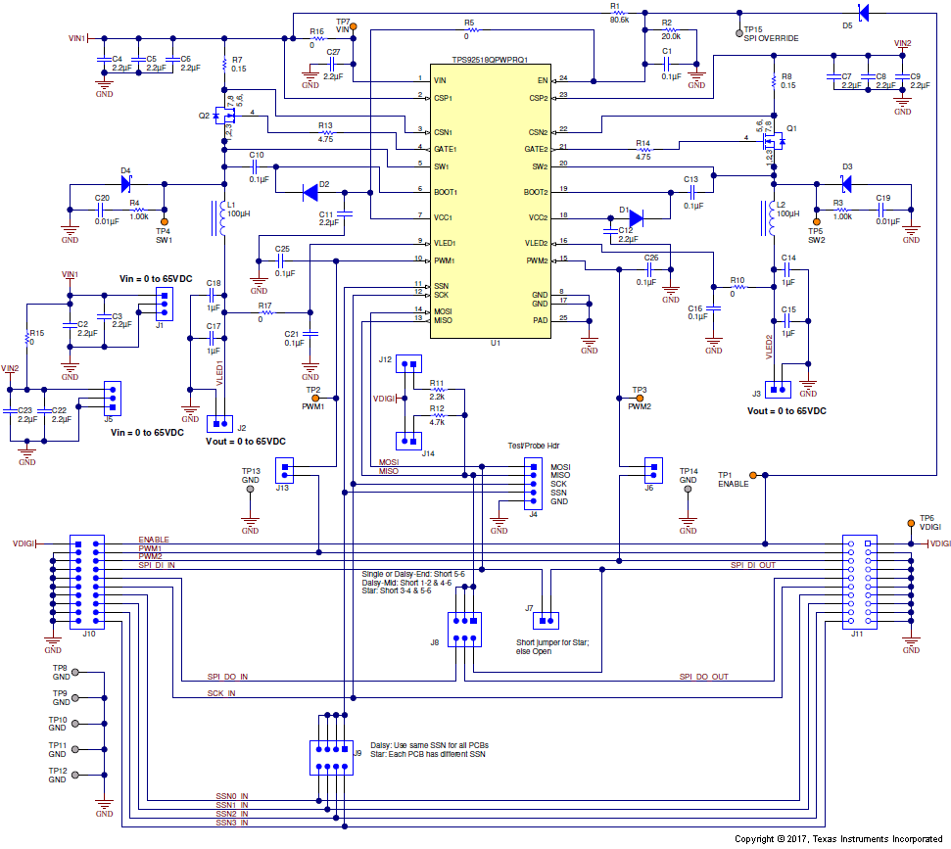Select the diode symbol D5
click(861, 12)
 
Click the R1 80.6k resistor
click(618, 13)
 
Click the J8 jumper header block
click(464, 629)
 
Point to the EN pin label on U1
click(542, 79)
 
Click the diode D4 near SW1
click(125, 183)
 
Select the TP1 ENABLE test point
click(766, 475)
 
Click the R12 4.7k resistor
click(437, 416)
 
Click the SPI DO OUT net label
click(703, 677)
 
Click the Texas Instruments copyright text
click(839, 839)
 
